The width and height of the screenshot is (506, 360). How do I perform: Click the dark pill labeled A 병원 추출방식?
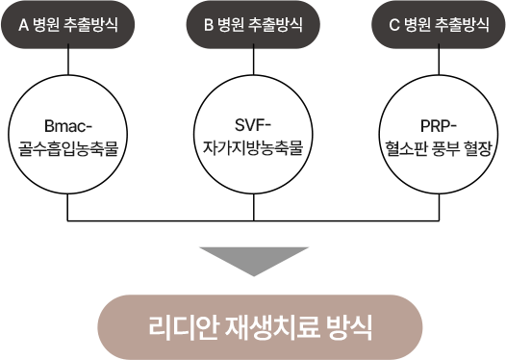point(67,24)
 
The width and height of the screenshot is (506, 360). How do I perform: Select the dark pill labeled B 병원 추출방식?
point(253,24)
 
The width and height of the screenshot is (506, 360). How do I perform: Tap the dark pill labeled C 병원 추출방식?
point(439,24)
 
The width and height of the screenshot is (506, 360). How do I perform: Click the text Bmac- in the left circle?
point(68,126)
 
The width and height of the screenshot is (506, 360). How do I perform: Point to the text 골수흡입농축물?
point(68,149)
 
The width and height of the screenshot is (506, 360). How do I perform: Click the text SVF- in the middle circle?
point(254,125)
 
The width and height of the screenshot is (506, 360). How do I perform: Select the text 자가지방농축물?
point(254,148)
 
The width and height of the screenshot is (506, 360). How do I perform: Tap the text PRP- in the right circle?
point(439,126)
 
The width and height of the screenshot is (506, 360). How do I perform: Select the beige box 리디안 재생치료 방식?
point(260,327)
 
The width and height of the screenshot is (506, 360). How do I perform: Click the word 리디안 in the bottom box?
point(183,327)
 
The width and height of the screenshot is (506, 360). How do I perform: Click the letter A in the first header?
point(23,25)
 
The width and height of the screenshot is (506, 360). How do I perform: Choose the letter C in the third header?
point(394,25)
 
